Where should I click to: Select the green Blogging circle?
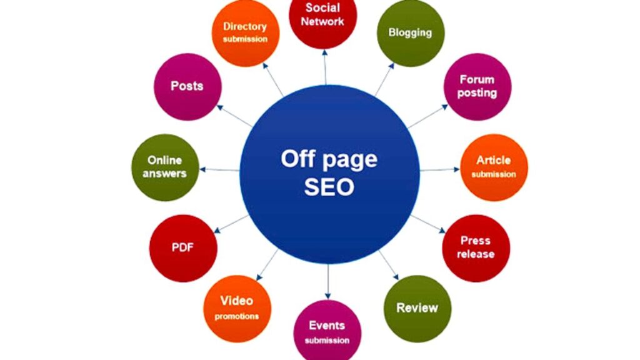pos(410,32)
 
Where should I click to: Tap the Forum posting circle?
pos(477,86)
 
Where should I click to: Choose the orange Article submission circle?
pos(494,167)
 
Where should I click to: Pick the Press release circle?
pos(476,248)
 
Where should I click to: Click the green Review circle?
pos(417,309)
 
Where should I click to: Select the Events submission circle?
pos(327,331)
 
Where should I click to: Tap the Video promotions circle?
pos(237,309)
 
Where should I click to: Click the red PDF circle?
pos(183,248)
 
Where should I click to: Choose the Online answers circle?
pos(165,167)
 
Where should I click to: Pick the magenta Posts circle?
pos(187,86)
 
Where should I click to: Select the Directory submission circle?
pos(245,32)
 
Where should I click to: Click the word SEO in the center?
pos(329,187)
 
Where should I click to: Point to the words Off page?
pos(329,159)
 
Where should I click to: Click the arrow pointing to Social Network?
pos(325,67)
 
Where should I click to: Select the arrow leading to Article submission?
pos(440,169)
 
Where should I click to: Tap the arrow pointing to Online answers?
pos(219,169)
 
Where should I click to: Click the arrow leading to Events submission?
pos(327,282)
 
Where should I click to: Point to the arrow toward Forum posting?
pos(427,116)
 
